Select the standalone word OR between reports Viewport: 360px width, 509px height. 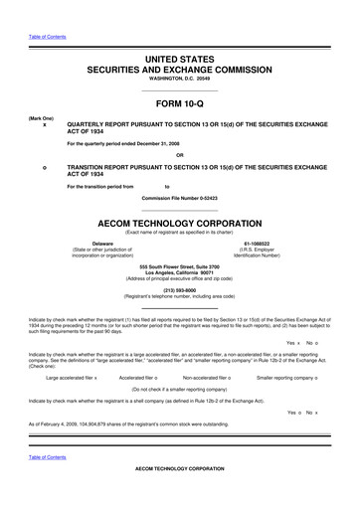[x=179, y=154]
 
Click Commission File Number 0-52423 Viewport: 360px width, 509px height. [x=179, y=199]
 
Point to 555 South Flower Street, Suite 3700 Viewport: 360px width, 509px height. [x=179, y=267]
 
